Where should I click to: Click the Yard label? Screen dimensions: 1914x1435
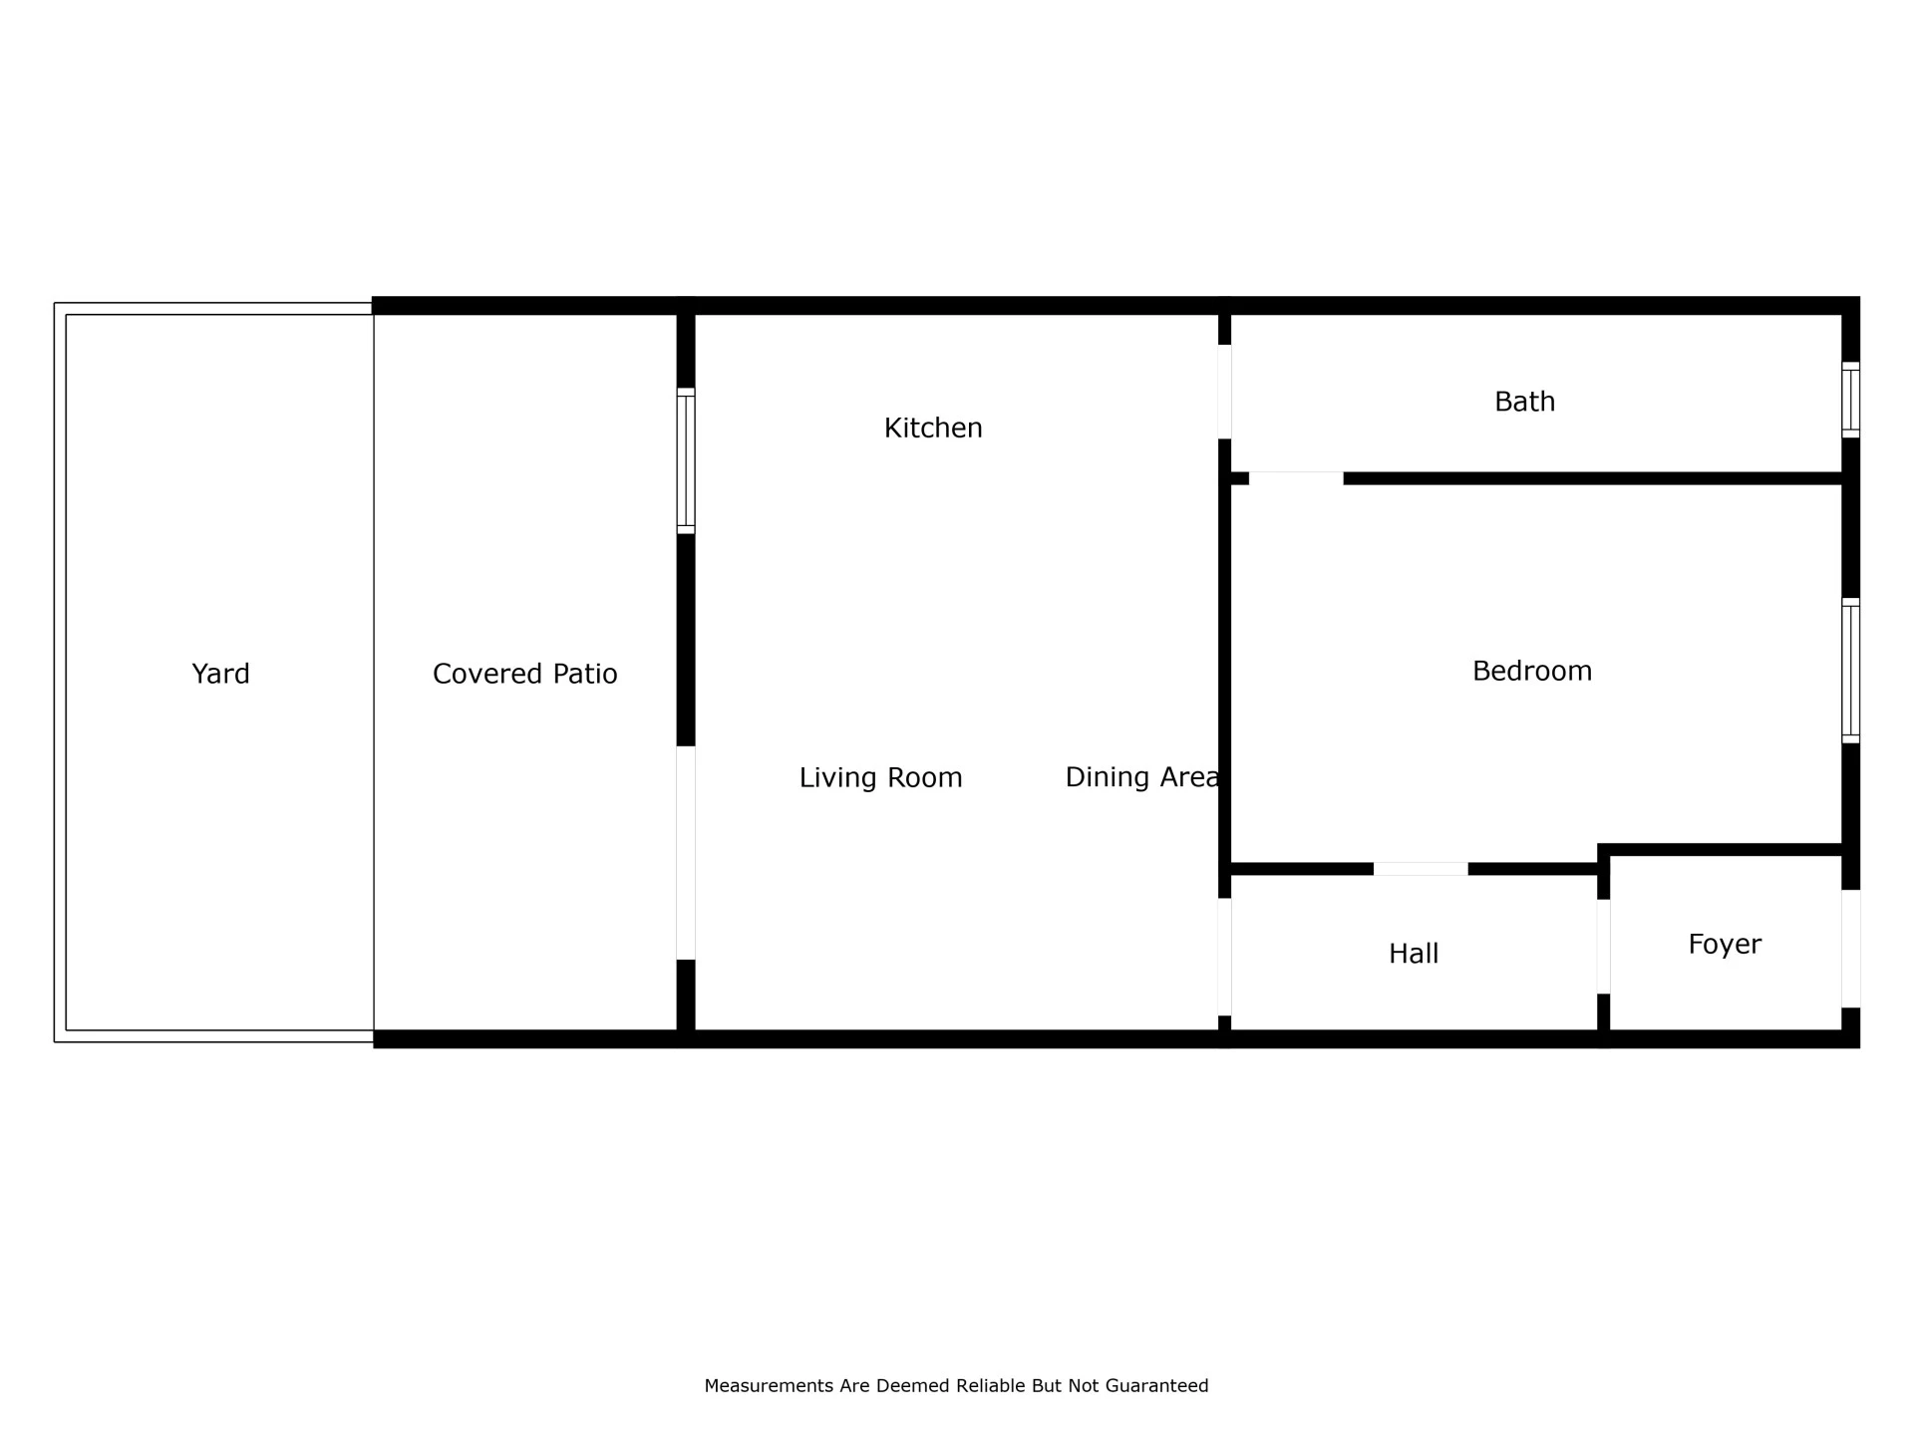(220, 675)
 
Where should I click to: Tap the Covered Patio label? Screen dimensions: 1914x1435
(525, 675)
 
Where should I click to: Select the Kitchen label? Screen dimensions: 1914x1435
(933, 429)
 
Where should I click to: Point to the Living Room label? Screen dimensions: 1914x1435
(881, 778)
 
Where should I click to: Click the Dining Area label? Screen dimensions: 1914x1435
(1142, 777)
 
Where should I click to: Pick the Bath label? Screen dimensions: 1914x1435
(1524, 402)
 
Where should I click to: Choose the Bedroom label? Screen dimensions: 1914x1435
(1532, 671)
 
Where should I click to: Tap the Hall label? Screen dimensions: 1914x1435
(1414, 954)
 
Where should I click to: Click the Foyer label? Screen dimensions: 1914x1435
(1725, 945)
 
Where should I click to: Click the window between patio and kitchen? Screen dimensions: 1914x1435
(686, 460)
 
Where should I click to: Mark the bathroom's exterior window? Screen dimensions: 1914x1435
(1850, 400)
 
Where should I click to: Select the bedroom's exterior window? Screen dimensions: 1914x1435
(1850, 671)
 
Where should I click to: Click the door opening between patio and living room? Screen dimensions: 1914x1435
(686, 853)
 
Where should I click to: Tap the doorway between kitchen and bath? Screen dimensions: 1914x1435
(1224, 392)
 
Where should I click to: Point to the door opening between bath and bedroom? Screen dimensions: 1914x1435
(1296, 478)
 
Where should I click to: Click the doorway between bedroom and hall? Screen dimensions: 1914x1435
(1421, 869)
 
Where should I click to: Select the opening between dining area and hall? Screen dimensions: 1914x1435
(1224, 957)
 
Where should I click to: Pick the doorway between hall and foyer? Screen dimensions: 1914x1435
(1604, 947)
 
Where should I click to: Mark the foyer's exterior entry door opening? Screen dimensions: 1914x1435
(1850, 949)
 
